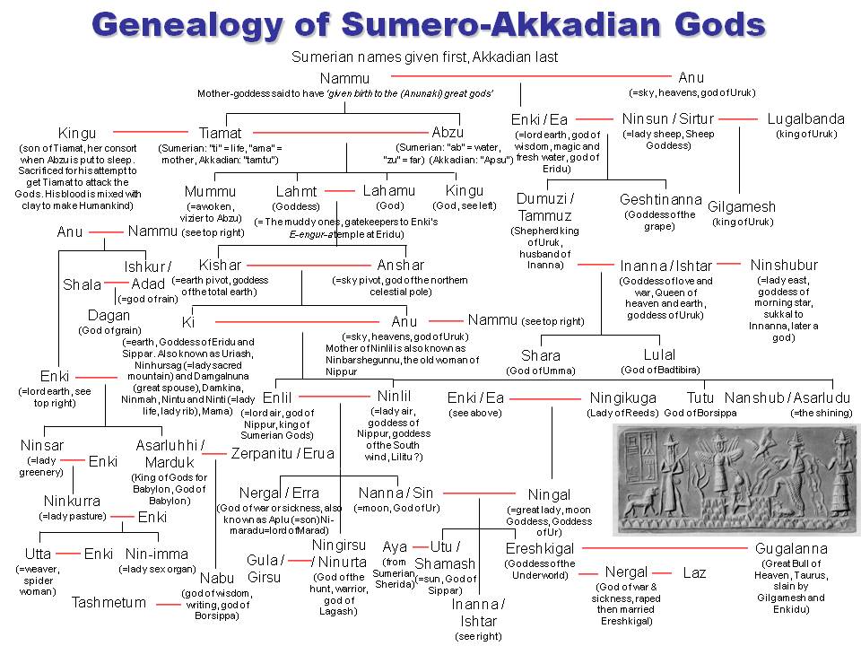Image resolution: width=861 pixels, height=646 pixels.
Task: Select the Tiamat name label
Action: pyautogui.click(x=219, y=133)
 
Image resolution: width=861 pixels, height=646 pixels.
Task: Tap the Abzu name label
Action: pyautogui.click(x=448, y=132)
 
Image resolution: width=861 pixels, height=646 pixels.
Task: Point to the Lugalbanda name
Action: pyautogui.click(x=805, y=118)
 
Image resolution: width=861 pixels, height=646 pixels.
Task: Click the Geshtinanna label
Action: pyautogui.click(x=660, y=199)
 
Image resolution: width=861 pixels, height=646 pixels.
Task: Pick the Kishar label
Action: pyautogui.click(x=219, y=266)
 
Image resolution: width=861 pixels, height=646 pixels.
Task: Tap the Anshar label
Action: pyautogui.click(x=400, y=266)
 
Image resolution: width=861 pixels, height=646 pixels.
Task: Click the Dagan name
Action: pyautogui.click(x=109, y=315)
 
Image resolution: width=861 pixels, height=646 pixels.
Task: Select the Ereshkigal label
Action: pyautogui.click(x=539, y=548)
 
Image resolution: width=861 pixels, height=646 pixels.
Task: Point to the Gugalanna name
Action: pyautogui.click(x=789, y=548)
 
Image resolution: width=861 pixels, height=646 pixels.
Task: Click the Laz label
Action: pyautogui.click(x=694, y=572)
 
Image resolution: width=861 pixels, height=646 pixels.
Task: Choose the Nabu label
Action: pyautogui.click(x=216, y=578)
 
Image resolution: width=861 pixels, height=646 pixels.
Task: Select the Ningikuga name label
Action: pyautogui.click(x=622, y=397)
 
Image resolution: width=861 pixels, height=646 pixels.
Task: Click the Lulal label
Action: pyautogui.click(x=659, y=354)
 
